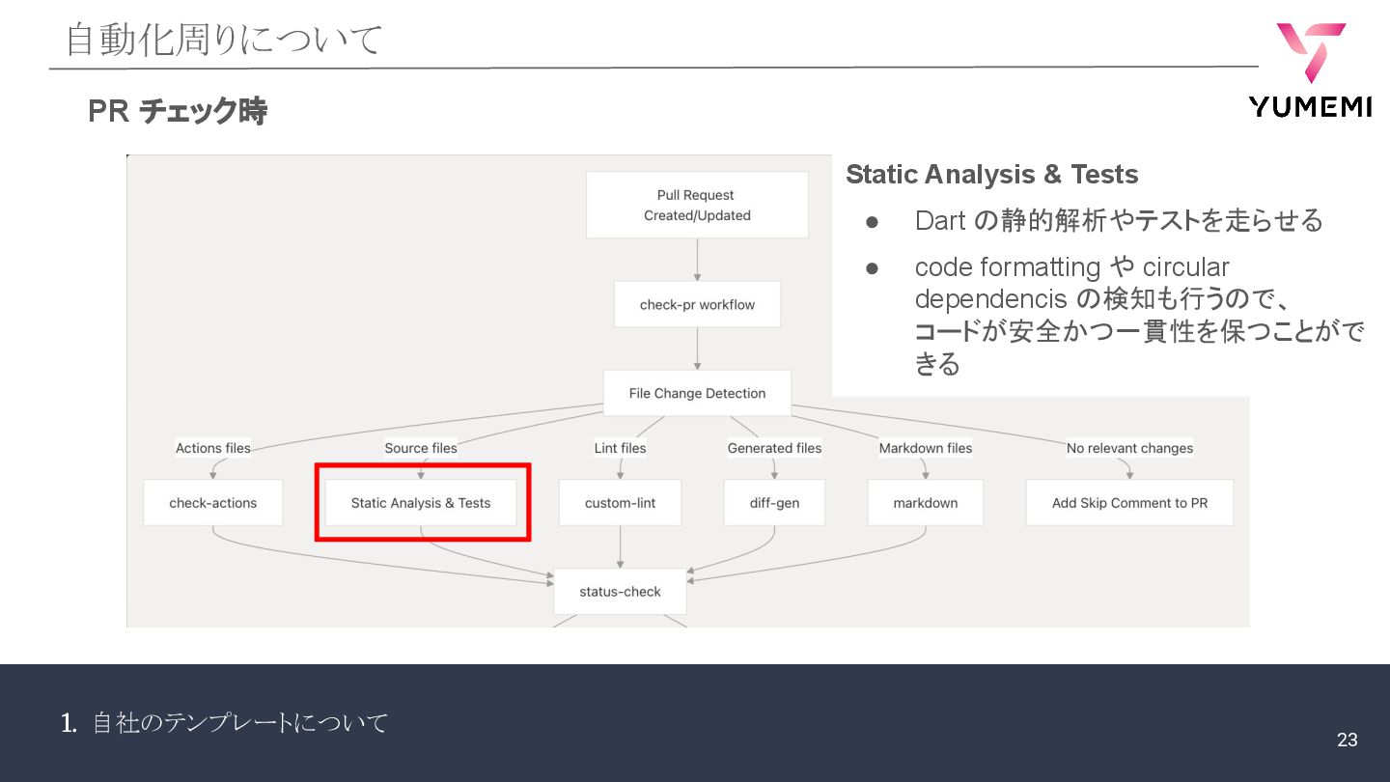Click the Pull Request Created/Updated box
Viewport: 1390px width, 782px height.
[697, 205]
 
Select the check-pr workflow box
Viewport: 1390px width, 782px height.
[697, 304]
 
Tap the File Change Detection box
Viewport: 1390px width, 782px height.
[697, 393]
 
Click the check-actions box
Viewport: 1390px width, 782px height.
[212, 502]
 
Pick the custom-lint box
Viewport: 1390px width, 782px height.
[620, 502]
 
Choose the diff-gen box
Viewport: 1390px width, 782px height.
[774, 502]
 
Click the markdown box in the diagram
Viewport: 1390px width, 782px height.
[925, 502]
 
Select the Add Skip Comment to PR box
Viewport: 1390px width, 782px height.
[1129, 502]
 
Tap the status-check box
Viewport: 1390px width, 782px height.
[620, 591]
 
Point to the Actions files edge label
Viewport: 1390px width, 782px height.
[212, 448]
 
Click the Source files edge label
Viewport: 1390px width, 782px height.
[421, 448]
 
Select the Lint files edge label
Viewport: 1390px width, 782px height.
[620, 448]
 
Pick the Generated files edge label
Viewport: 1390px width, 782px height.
[774, 448]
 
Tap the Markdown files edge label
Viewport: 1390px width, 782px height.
[925, 448]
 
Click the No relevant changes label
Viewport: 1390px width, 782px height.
[1129, 448]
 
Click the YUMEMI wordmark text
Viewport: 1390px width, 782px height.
[1310, 107]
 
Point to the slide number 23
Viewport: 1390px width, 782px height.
[1347, 740]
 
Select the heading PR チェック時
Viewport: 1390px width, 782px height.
[177, 112]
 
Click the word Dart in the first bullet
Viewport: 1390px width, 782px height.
[940, 221]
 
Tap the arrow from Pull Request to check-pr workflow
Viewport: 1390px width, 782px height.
[697, 259]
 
